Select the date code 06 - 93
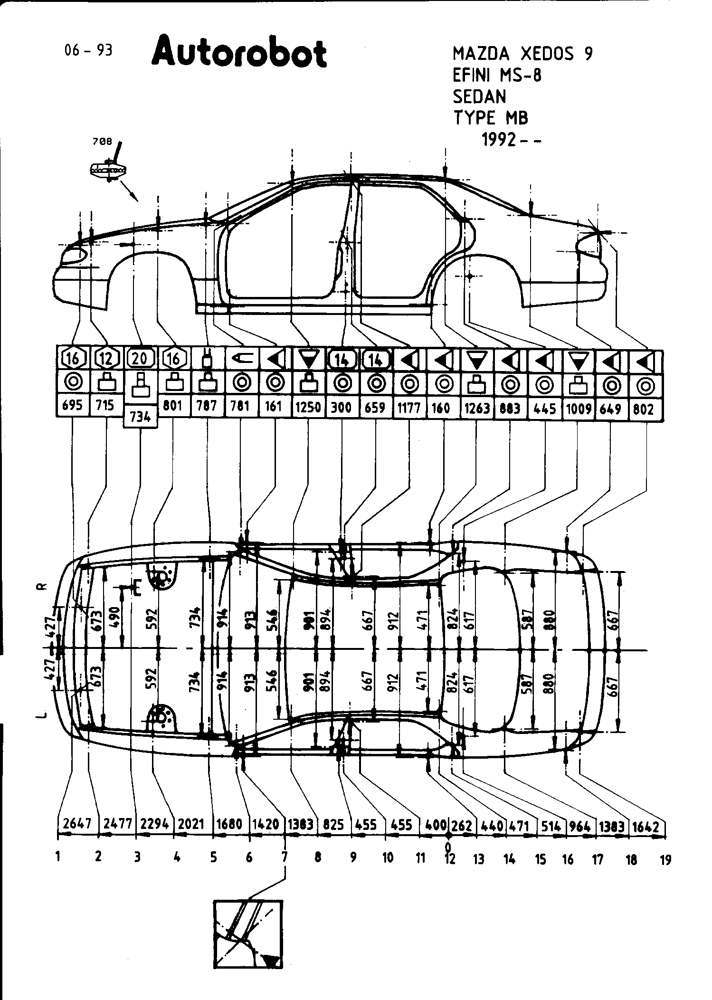point(89,50)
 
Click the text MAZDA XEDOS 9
point(522,54)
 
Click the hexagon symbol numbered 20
point(140,358)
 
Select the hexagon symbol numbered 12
point(106,358)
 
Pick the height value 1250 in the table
point(308,407)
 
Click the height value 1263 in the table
point(476,408)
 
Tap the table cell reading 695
point(72,405)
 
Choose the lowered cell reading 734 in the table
point(140,416)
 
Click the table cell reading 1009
point(578,409)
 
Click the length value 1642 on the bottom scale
point(646,827)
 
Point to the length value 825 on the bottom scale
point(333,825)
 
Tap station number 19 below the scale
point(665,859)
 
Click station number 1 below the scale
point(58,857)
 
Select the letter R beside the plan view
point(41,587)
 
